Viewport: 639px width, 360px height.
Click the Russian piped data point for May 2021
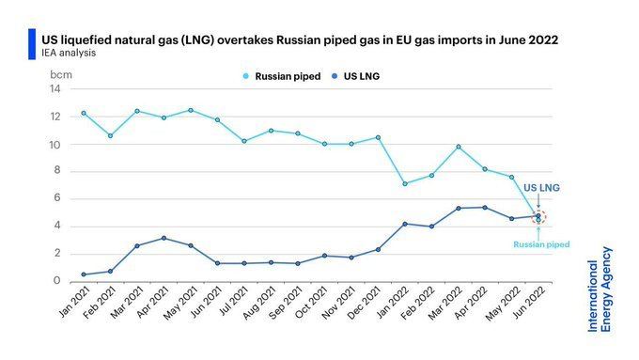click(191, 111)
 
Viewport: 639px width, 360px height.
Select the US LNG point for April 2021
click(164, 238)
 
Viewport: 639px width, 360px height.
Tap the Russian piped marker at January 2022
click(405, 184)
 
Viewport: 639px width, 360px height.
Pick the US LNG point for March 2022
click(459, 209)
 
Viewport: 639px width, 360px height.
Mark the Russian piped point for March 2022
click(459, 147)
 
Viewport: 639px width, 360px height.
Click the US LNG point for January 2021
click(84, 274)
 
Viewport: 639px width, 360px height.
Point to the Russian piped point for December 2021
click(378, 138)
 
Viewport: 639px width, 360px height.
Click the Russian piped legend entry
click(282, 76)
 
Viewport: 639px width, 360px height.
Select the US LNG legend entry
click(356, 76)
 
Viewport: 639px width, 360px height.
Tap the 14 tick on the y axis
click(55, 89)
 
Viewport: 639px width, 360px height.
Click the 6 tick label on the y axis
click(56, 198)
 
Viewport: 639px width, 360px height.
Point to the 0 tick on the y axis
click(56, 280)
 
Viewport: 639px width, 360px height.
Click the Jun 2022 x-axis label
click(530, 302)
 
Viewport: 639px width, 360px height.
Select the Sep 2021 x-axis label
click(287, 302)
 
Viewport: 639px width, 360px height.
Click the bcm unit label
click(61, 75)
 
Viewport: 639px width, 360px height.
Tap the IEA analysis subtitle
click(69, 53)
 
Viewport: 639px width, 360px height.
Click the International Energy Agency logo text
click(600, 290)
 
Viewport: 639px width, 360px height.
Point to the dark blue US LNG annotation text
click(541, 188)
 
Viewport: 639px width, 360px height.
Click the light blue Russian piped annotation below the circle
click(541, 244)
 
